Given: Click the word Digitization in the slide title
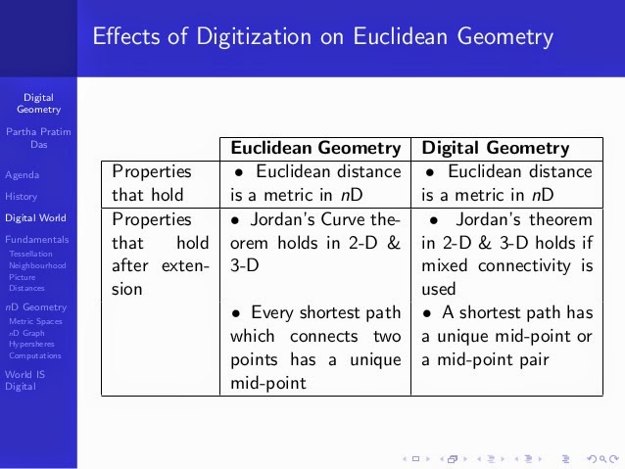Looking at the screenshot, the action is pos(254,36).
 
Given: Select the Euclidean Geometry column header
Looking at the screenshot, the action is pos(315,148).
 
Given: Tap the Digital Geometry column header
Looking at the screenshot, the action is pos(496,148).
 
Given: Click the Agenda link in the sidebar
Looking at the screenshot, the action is pos(23,175).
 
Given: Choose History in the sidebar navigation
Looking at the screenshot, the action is pos(22,197).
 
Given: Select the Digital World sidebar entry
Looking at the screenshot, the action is pos(35,218).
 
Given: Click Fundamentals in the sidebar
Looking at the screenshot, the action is pos(36,240).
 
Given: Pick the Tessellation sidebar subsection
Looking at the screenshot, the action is pos(30,254).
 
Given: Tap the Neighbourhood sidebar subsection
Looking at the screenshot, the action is pos(37,265).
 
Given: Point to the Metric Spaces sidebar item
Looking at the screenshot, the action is pos(35,321).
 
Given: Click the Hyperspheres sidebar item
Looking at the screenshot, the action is pos(31,344).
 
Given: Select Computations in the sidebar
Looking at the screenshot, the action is pos(35,355).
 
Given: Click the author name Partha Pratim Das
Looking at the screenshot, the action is pos(38,138).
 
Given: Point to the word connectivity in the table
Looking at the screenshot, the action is pos(524,266).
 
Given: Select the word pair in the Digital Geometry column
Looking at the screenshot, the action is pos(534,360).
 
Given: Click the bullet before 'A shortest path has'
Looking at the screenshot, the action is pos(427,313).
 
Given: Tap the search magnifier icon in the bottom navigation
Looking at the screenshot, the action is pos(603,459).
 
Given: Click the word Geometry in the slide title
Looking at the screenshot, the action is pos(505,37).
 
